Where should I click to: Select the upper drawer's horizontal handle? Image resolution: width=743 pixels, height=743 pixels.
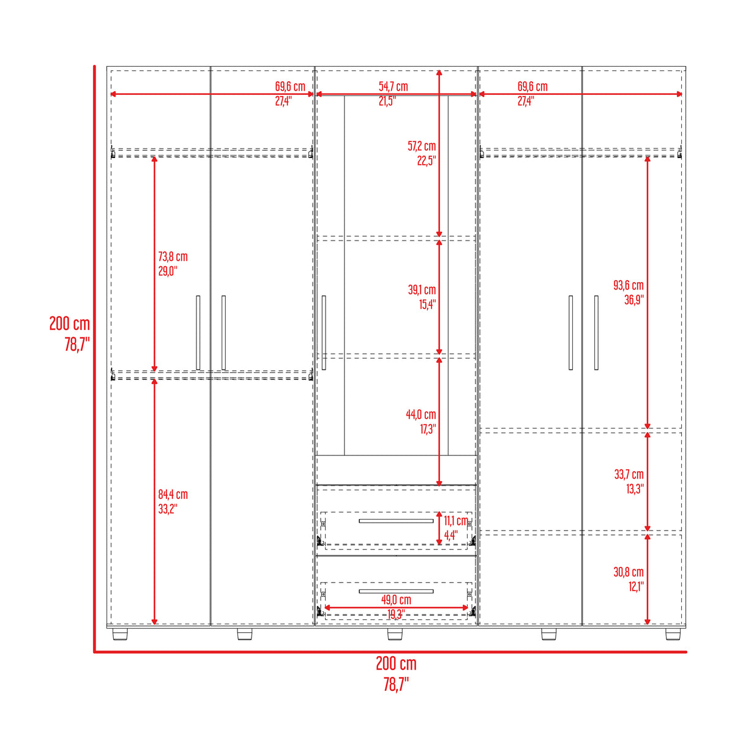[x=396, y=521]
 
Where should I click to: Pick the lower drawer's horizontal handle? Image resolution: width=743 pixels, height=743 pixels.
[x=396, y=591]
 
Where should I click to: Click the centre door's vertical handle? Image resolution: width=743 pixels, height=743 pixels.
[x=324, y=332]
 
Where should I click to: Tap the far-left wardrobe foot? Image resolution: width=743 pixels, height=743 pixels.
[x=121, y=634]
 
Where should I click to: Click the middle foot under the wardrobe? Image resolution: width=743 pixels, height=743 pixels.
[x=395, y=634]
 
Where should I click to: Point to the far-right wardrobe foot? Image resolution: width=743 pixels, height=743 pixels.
[x=673, y=634]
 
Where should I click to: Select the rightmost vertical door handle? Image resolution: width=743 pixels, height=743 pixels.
[x=596, y=332]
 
